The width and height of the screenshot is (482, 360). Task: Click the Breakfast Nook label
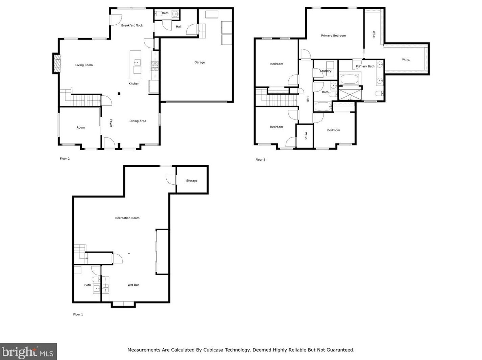pyautogui.click(x=132, y=25)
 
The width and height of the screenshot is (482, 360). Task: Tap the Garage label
pyautogui.click(x=199, y=62)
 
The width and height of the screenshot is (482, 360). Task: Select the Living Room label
pyautogui.click(x=84, y=65)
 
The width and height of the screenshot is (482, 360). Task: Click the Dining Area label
pyautogui.click(x=138, y=121)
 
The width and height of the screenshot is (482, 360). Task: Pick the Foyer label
pyautogui.click(x=111, y=123)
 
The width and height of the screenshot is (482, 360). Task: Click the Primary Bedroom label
pyautogui.click(x=333, y=35)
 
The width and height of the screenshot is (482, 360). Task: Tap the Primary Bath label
pyautogui.click(x=365, y=66)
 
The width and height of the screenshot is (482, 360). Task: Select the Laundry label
pyautogui.click(x=326, y=71)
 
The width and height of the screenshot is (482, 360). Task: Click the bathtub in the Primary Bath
pyautogui.click(x=350, y=80)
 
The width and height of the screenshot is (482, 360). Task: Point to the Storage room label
pyautogui.click(x=192, y=181)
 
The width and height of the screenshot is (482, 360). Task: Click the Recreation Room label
pyautogui.click(x=127, y=218)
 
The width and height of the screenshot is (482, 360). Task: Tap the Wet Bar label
pyautogui.click(x=133, y=285)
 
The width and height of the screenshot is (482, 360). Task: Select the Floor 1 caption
pyautogui.click(x=78, y=314)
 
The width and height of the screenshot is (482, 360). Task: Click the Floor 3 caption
pyautogui.click(x=260, y=160)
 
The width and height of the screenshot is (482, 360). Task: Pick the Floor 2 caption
pyautogui.click(x=65, y=159)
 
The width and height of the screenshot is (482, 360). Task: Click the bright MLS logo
pyautogui.click(x=28, y=352)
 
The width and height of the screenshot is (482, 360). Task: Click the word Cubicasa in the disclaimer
pyautogui.click(x=216, y=350)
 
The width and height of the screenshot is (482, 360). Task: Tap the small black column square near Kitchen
pyautogui.click(x=119, y=94)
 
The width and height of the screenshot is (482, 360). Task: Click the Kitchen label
pyautogui.click(x=134, y=84)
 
